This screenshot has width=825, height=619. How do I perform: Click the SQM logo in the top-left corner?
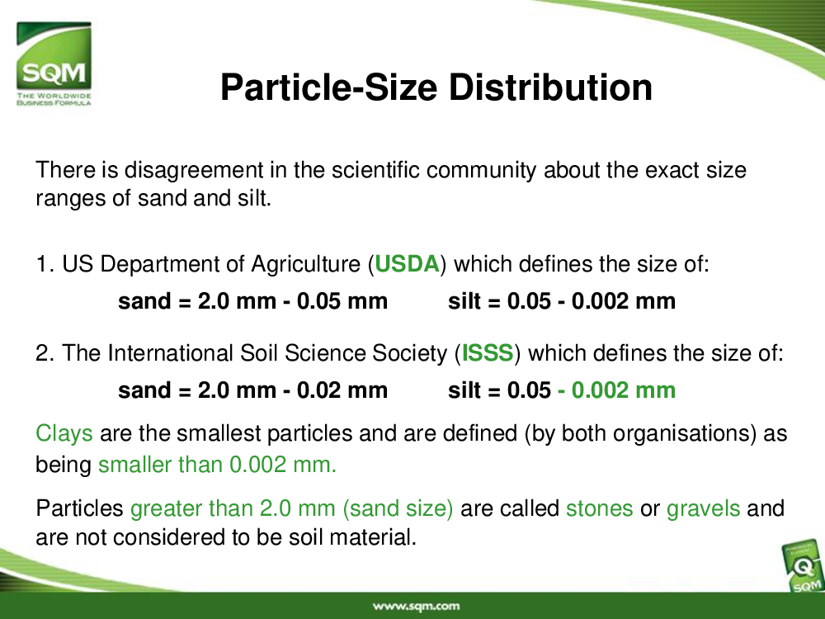(x=54, y=64)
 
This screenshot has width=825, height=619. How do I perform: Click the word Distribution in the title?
(x=550, y=87)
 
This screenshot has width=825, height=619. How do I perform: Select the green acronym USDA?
(x=407, y=264)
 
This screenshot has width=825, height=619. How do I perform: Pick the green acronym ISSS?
(x=488, y=352)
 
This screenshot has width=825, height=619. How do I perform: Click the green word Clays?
(x=64, y=434)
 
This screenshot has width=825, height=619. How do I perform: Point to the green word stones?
(x=599, y=508)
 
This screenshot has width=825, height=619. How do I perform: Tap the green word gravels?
(x=704, y=509)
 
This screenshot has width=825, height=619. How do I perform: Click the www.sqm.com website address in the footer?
(x=416, y=607)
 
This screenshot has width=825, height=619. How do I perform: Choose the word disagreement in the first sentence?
(x=194, y=171)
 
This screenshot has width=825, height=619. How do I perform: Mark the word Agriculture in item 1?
(x=306, y=265)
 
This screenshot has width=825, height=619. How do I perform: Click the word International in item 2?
(x=171, y=353)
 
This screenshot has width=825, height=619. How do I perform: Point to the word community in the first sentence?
(x=482, y=171)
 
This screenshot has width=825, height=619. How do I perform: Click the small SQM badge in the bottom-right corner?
(x=803, y=568)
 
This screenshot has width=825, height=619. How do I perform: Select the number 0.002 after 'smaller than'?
(x=257, y=465)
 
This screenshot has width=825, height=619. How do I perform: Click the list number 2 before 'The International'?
(x=41, y=353)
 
